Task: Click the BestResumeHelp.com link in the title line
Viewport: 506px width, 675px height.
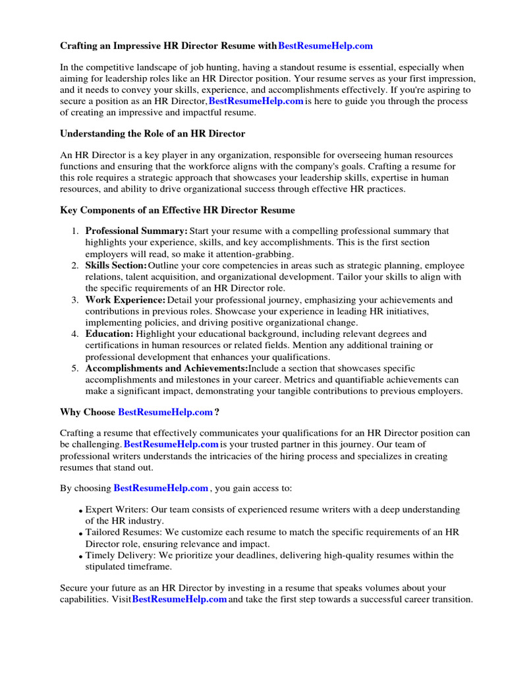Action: click(x=325, y=45)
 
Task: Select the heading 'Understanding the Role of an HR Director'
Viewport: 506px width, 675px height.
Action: click(x=152, y=134)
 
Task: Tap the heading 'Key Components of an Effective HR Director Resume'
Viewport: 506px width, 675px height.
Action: click(x=177, y=210)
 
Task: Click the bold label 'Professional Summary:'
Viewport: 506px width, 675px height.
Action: click(x=136, y=231)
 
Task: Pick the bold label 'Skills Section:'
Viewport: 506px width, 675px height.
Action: click(x=116, y=265)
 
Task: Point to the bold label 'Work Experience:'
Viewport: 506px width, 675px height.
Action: click(x=125, y=300)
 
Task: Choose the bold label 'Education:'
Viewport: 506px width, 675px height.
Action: click(x=109, y=334)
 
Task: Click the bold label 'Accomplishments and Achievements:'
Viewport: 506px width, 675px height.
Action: click(x=167, y=368)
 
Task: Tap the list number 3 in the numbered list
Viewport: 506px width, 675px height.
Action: click(x=75, y=300)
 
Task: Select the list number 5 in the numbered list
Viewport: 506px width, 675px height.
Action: click(x=75, y=368)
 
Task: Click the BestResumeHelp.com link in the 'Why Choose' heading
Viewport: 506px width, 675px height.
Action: click(x=165, y=412)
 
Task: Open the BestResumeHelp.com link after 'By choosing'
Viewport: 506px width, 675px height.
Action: click(x=161, y=488)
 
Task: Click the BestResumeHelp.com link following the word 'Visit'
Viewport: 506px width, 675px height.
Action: click(x=179, y=599)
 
